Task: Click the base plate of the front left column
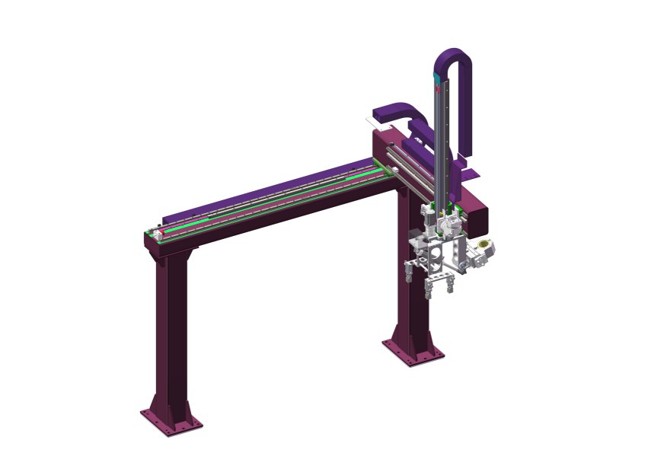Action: (x=171, y=422)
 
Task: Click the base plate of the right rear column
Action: (x=412, y=352)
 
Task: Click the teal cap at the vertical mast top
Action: (x=436, y=77)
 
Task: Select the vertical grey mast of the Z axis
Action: (x=440, y=137)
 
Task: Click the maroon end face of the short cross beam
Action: (x=479, y=217)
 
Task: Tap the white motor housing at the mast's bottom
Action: (x=451, y=224)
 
